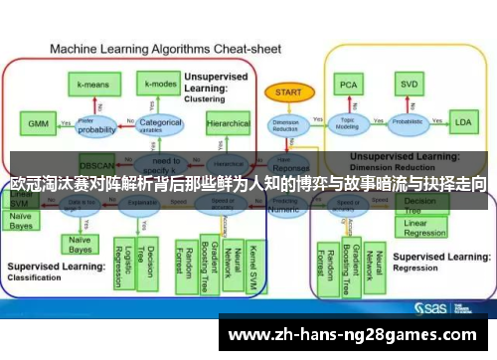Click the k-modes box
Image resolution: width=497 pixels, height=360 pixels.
click(x=158, y=87)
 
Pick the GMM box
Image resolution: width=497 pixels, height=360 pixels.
click(x=37, y=124)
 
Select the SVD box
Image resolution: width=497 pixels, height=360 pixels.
click(x=410, y=86)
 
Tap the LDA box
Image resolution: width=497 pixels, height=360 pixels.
click(x=463, y=123)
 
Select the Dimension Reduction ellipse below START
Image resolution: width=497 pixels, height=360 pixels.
click(x=284, y=123)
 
